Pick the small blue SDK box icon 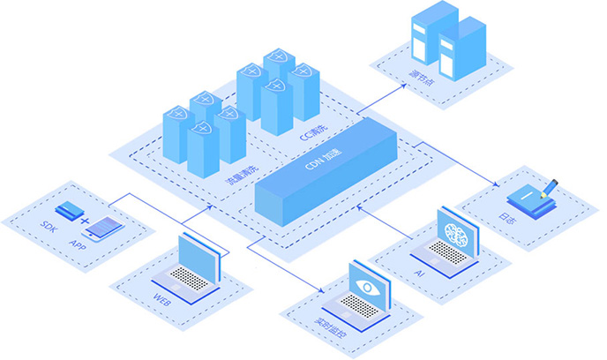tap(66, 211)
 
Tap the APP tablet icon tap(104, 227)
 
